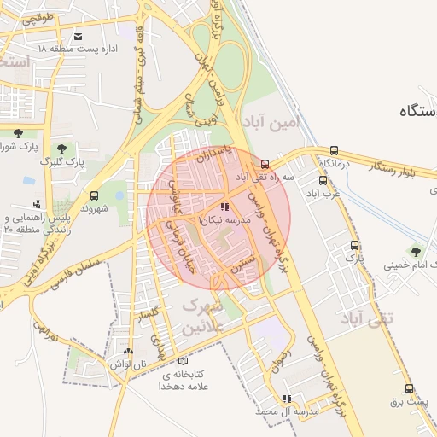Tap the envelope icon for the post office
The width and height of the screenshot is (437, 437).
79,36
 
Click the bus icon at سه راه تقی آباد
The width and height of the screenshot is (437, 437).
265,164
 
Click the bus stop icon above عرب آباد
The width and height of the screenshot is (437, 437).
323,180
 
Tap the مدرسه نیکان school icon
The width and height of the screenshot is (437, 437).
224,207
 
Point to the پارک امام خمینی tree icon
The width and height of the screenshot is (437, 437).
416,251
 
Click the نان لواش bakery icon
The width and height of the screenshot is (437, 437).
128,350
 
